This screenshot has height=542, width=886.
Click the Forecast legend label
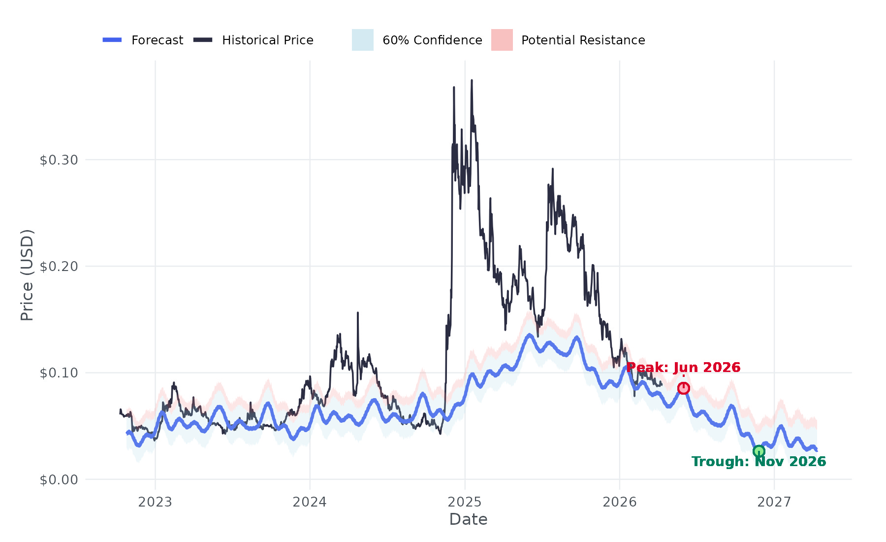coord(157,40)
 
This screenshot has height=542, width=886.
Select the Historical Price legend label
coord(267,40)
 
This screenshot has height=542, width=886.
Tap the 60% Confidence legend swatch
coord(362,40)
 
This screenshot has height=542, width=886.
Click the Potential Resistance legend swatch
coord(502,40)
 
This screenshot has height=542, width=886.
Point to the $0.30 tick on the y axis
coord(59,160)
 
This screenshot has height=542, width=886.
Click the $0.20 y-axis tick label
coord(59,267)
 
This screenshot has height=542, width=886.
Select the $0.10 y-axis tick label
coord(59,373)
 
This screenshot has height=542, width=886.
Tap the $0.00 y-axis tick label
coord(59,479)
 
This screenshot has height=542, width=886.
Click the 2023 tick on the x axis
coord(155,502)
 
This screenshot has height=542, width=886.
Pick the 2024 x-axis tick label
coord(310,502)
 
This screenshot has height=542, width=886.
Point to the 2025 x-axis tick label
coord(465,502)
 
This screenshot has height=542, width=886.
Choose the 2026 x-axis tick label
coord(619,502)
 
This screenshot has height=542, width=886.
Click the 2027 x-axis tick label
coord(774,502)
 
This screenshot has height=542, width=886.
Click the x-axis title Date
coord(468,519)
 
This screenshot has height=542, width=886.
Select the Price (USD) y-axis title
coord(27,275)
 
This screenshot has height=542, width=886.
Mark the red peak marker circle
coord(683,388)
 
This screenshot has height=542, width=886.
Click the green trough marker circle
coord(759,451)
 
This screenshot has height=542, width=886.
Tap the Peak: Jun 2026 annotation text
coord(683,368)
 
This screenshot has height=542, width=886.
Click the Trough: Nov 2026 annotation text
coord(759,462)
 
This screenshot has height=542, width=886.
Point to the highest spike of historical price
coord(472,80)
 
